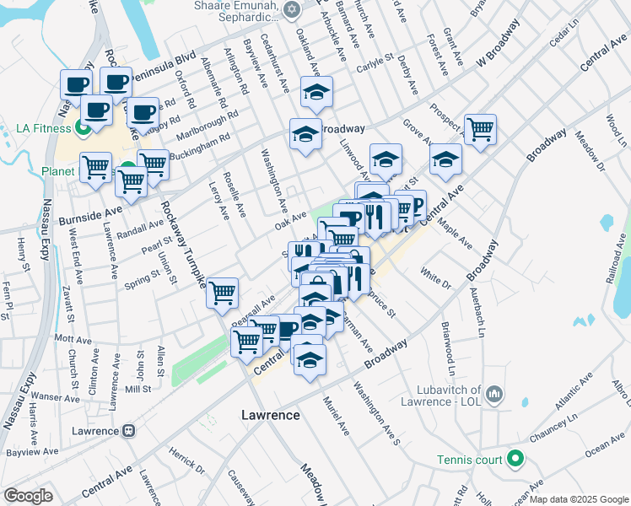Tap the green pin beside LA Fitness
84,129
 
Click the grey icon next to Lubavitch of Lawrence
494,394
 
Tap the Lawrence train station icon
129,431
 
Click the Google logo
28,495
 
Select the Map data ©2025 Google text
578,499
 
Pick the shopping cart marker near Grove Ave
480,130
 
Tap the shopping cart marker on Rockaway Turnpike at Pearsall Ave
224,294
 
